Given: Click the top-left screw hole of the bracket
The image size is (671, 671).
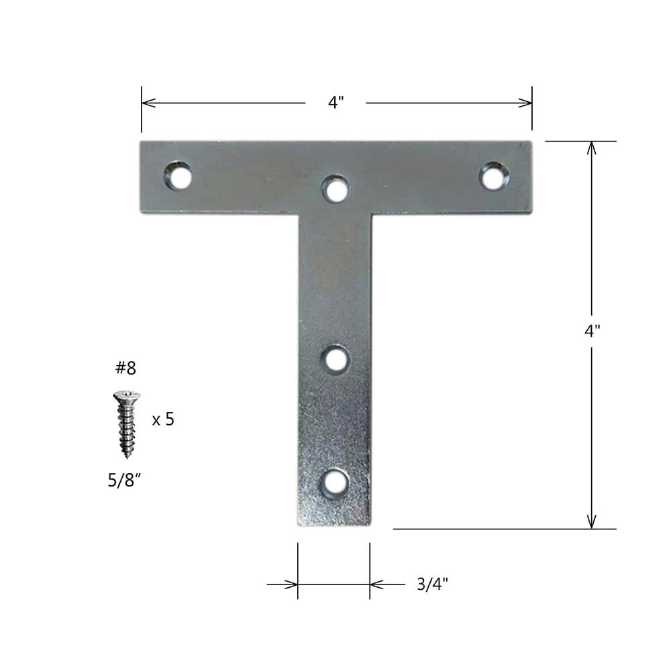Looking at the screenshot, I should tap(178, 176).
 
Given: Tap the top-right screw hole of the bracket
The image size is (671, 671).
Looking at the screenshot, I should tap(493, 176).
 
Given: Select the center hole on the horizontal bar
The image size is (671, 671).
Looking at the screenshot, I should tap(335, 189).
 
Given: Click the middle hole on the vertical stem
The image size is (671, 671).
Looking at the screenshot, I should tap(335, 359).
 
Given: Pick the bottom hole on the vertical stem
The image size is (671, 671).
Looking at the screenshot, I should tap(334, 483).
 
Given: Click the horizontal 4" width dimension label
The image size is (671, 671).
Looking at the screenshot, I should tap(336, 103).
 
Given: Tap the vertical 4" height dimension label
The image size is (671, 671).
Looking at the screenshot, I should tap(592, 331).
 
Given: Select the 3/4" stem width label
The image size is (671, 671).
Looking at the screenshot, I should tap(431, 584).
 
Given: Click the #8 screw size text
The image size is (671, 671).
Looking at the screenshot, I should tap(125, 368).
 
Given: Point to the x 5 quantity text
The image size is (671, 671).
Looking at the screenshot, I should tap(163, 420).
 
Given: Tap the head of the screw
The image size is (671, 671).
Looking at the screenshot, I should tap(127, 397).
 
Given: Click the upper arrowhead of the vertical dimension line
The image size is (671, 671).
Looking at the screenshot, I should tap(591, 148).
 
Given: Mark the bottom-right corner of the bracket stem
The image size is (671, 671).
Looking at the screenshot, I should tap(370, 525).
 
